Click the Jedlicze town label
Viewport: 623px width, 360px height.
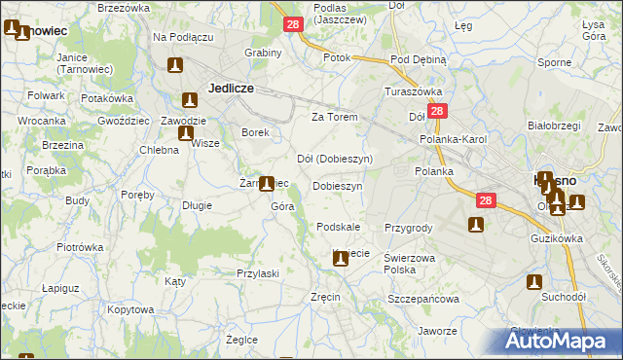point(231,88)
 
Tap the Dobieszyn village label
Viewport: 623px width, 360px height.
point(338,185)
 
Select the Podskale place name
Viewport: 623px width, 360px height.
point(339,227)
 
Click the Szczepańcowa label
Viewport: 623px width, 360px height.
point(423,299)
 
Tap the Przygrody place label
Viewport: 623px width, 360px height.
point(408,228)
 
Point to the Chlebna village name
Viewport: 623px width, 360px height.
point(159,150)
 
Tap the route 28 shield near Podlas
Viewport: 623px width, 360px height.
point(293,23)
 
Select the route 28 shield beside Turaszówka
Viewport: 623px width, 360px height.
point(437,112)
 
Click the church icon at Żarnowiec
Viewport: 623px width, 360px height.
point(265,183)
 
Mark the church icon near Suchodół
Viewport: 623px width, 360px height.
point(534,281)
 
